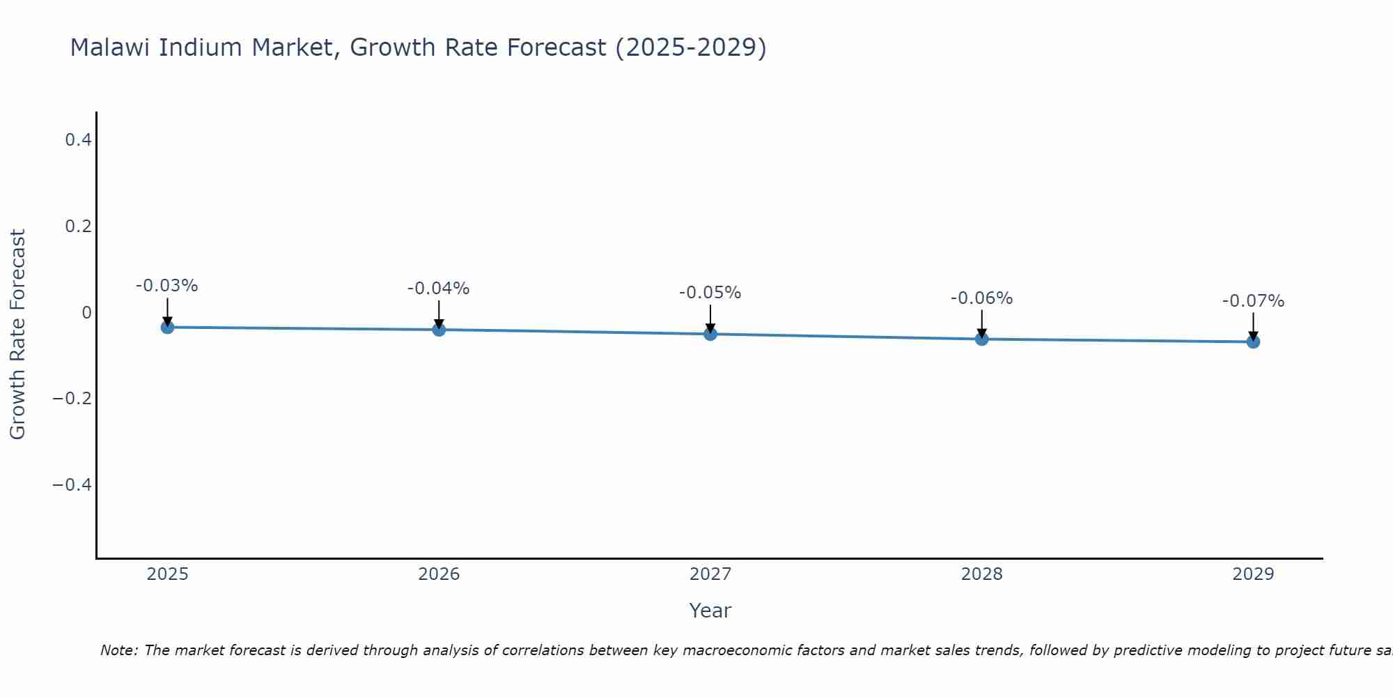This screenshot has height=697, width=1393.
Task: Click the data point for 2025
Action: pos(167,327)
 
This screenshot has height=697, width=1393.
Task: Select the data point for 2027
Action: pos(710,334)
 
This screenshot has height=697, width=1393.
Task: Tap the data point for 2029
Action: pos(1253,342)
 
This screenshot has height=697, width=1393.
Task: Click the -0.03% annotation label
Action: pos(167,286)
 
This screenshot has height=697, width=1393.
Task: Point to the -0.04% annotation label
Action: pos(439,289)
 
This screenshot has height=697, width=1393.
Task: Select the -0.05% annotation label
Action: pos(710,293)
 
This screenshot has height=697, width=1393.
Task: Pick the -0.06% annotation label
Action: pos(981,298)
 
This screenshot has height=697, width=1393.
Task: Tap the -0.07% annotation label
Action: pos(1253,301)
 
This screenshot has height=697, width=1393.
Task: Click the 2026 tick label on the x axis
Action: pos(439,574)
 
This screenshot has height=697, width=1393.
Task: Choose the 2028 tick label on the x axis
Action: pos(981,574)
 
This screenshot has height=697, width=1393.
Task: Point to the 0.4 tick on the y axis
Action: pos(78,140)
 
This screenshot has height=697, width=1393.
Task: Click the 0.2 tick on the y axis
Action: pos(78,227)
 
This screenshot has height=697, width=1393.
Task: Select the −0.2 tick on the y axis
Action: pos(72,399)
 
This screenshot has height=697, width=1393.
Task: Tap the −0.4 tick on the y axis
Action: pos(72,484)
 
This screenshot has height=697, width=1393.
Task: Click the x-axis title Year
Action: pos(710,611)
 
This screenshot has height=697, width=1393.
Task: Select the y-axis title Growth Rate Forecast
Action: pos(17,335)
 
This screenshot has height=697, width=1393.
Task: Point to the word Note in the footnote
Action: pos(118,650)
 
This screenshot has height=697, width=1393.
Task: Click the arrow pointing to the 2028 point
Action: pos(981,322)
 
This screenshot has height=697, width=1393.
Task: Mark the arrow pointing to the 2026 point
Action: pos(439,313)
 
